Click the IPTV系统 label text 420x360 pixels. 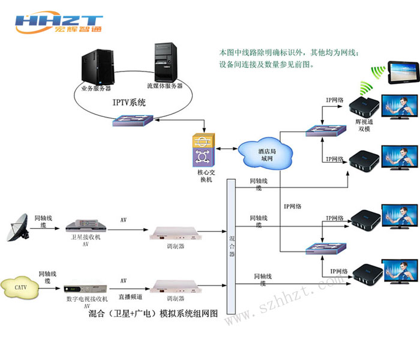[x=129, y=103]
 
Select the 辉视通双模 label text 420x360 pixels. [x=364, y=124]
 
